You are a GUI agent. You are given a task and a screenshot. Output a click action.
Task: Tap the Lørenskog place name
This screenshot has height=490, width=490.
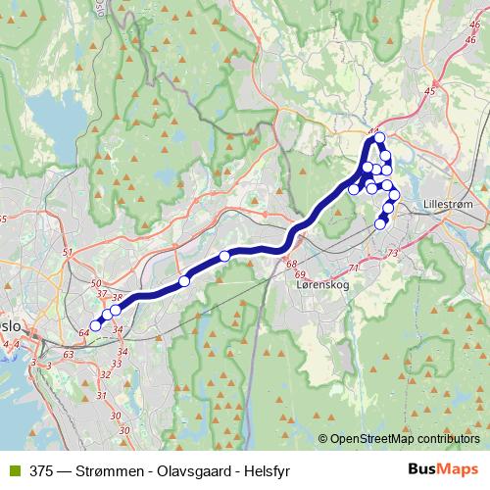[x=322, y=285]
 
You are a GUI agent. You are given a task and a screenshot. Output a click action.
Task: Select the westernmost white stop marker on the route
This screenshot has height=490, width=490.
[x=96, y=325]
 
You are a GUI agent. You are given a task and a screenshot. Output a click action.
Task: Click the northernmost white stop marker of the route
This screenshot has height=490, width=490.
[x=380, y=138]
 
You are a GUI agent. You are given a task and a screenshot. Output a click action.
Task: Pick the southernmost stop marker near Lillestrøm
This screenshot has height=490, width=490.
[x=381, y=224]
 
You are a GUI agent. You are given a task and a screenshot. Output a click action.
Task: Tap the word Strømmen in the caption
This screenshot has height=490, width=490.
[x=101, y=469]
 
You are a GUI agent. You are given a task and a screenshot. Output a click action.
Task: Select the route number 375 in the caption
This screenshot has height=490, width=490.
[x=40, y=469]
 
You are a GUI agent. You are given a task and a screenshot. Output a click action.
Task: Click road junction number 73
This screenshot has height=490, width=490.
[x=392, y=254]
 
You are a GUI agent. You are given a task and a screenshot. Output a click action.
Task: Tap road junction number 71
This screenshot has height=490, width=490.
[x=354, y=268]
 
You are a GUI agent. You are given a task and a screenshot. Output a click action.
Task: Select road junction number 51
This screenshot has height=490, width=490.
[x=68, y=254]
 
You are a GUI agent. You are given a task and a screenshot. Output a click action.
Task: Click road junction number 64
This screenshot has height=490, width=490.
[x=83, y=334]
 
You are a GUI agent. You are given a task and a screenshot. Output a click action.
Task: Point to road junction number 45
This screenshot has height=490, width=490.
[x=429, y=91]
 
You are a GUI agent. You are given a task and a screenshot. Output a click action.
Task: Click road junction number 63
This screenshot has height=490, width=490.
[x=68, y=354]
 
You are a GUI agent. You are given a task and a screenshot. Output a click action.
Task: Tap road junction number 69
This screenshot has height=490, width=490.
[x=300, y=274]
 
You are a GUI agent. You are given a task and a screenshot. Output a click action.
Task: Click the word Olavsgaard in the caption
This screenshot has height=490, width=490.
[x=182, y=469]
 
